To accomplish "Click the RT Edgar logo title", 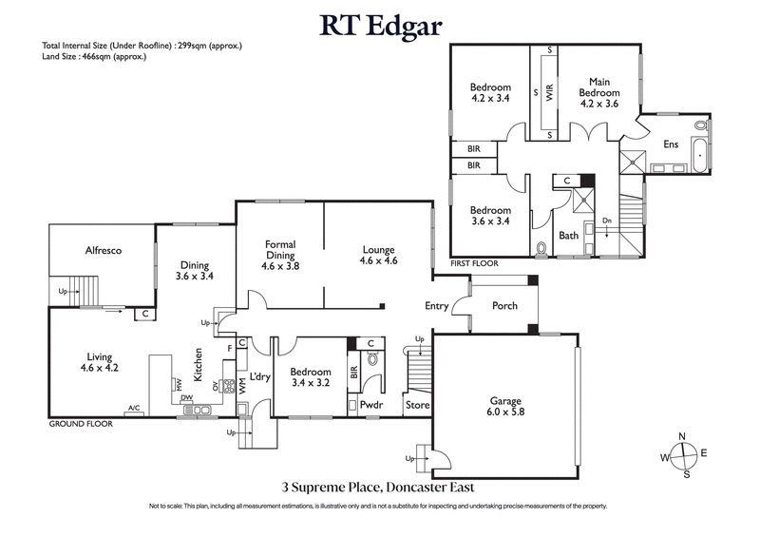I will pyautogui.click(x=379, y=25).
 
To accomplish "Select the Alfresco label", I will pyautogui.click(x=101, y=251).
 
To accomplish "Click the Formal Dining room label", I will pyautogui.click(x=280, y=255).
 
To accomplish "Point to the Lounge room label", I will pyautogui.click(x=378, y=255).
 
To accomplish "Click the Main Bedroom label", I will pyautogui.click(x=599, y=92).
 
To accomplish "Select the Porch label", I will pyautogui.click(x=504, y=306).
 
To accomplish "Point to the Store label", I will pyautogui.click(x=417, y=405).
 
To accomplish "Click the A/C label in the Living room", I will pyautogui.click(x=134, y=409).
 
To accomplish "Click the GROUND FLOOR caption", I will pyautogui.click(x=81, y=424).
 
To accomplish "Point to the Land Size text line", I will pyautogui.click(x=93, y=57).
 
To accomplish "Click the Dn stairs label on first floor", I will pyautogui.click(x=606, y=221).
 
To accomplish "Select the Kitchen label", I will pyautogui.click(x=199, y=365).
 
